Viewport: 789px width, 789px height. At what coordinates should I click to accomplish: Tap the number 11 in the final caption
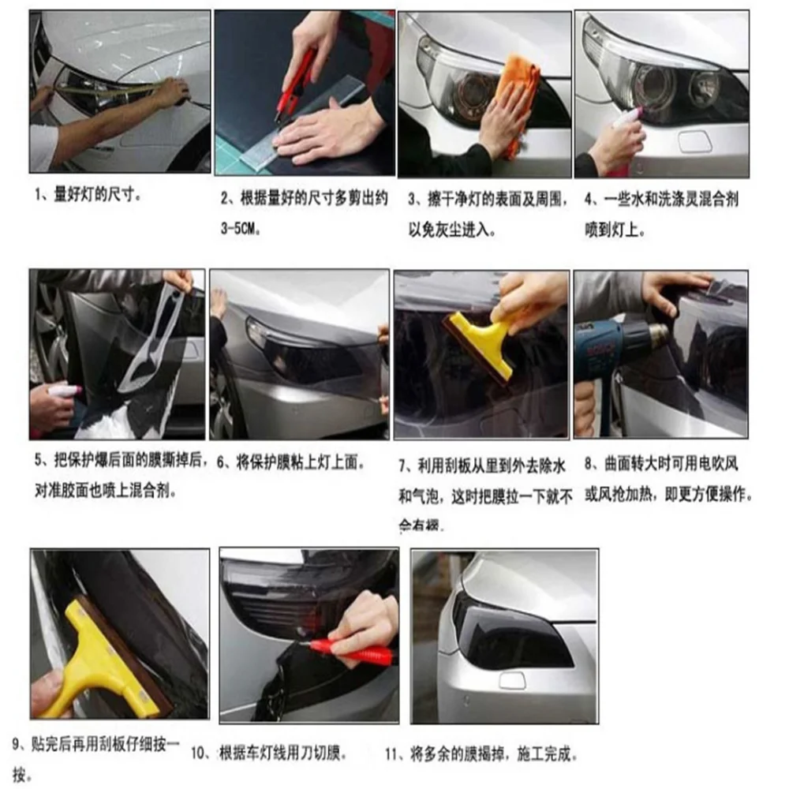392,753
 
